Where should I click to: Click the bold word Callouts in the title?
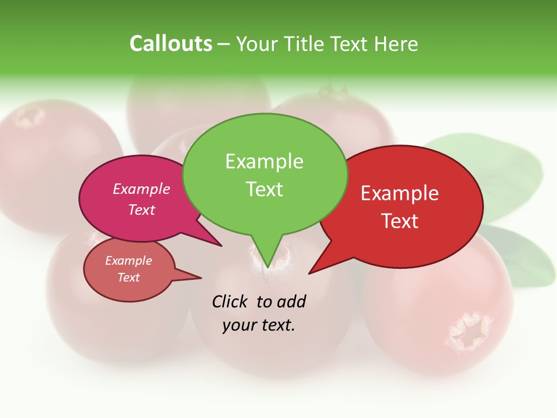(171, 44)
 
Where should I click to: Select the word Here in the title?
(395, 44)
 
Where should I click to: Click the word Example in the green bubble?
(264, 161)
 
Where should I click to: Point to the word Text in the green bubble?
(264, 189)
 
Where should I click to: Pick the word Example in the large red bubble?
(400, 193)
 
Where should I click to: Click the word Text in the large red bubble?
(400, 221)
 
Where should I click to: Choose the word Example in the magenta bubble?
(142, 189)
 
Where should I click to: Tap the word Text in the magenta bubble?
(142, 210)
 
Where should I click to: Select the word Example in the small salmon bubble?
(128, 261)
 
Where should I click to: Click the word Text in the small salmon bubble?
(128, 278)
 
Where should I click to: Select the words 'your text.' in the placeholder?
(259, 325)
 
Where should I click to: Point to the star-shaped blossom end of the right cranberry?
(467, 333)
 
